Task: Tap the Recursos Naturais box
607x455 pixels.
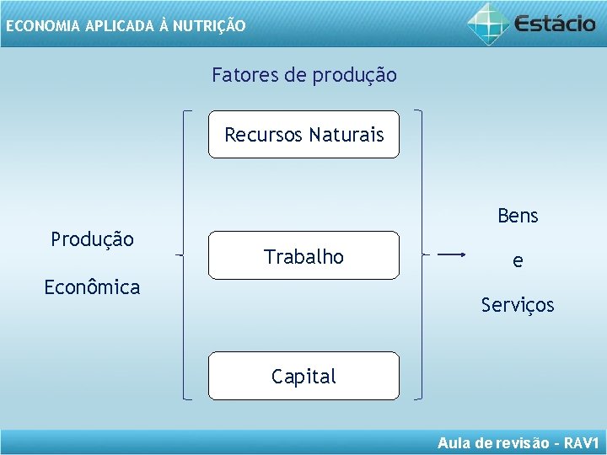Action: point(303,135)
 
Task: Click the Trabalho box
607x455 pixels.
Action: point(303,256)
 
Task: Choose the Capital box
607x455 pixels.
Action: point(303,376)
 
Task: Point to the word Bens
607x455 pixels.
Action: point(518,217)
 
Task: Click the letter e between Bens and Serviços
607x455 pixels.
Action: point(518,261)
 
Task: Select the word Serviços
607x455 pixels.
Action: point(518,305)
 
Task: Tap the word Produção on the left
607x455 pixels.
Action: point(92,239)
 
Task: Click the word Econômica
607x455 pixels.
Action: point(92,287)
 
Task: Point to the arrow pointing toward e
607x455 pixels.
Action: point(452,254)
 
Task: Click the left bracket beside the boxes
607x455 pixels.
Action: point(185,253)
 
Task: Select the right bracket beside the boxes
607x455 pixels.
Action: point(420,253)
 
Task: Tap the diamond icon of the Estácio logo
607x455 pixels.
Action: point(488,22)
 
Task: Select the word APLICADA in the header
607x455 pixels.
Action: point(117,26)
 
